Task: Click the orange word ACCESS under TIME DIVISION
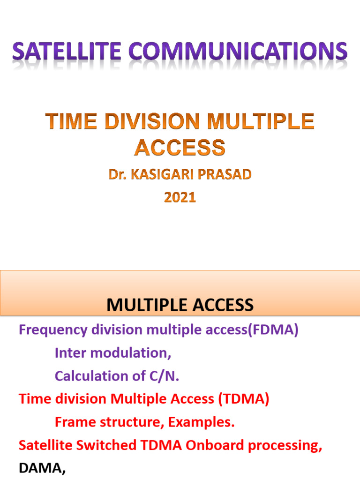coord(180,148)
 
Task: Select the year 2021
coord(180,197)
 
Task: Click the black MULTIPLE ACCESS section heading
coord(180,306)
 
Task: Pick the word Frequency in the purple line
coord(48,330)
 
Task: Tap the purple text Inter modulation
coord(112,353)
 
